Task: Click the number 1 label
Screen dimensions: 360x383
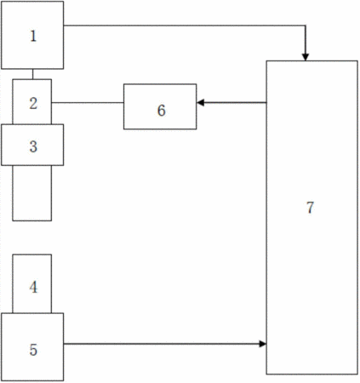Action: coord(33,37)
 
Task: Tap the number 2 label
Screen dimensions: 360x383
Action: coord(33,103)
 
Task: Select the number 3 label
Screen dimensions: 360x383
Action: coord(33,146)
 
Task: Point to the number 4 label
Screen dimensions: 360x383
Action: coord(33,287)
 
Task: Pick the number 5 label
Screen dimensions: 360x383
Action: coord(33,350)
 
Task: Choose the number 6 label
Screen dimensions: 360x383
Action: coord(162,111)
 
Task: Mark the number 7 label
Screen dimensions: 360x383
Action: coord(310,208)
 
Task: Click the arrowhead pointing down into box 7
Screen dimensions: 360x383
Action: coord(306,57)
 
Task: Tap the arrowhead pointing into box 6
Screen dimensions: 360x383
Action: coord(201,102)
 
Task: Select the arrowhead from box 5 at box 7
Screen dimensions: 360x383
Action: coord(263,344)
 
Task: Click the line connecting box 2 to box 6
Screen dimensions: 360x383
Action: coord(88,102)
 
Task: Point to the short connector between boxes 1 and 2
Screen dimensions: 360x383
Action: coord(32,74)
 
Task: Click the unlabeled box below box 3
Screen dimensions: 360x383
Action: coord(32,193)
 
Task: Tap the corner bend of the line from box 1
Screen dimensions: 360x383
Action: coord(306,26)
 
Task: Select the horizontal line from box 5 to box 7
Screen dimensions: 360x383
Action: coord(165,344)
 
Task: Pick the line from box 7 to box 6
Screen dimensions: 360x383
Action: coord(231,102)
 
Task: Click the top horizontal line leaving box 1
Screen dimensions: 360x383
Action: coord(185,26)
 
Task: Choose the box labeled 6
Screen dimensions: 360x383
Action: coord(160,106)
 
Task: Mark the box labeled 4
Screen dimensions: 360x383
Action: coord(32,283)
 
